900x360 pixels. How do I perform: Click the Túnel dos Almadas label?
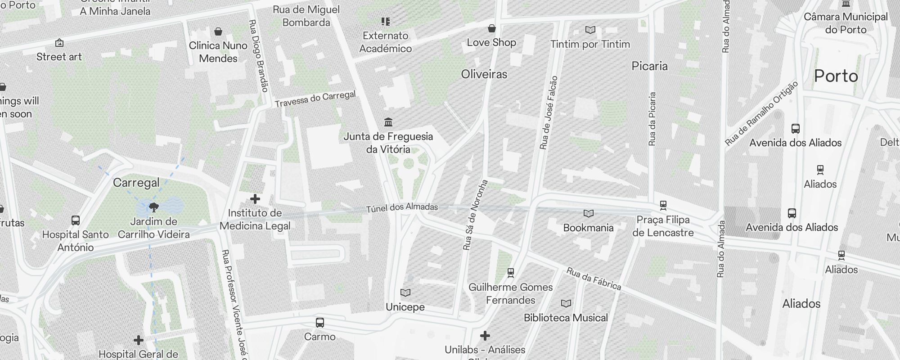pyautogui.click(x=402, y=207)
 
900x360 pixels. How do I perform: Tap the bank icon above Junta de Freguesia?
pyautogui.click(x=388, y=122)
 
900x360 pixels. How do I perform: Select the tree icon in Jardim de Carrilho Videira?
pyautogui.click(x=154, y=207)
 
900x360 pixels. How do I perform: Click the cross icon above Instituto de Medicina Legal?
pyautogui.click(x=255, y=199)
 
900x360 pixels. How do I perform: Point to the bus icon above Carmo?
pyautogui.click(x=320, y=323)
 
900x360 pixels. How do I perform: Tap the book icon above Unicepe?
pyautogui.click(x=405, y=293)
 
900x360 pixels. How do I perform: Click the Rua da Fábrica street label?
pyautogui.click(x=594, y=279)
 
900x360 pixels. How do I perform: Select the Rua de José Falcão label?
pyautogui.click(x=549, y=112)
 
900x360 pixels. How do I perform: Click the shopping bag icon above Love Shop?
pyautogui.click(x=492, y=29)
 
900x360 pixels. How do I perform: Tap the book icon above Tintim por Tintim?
pyautogui.click(x=590, y=30)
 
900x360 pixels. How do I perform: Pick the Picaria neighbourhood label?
pyautogui.click(x=649, y=66)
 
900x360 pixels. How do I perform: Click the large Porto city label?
pyautogui.click(x=836, y=76)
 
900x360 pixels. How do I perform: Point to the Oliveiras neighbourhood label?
pyautogui.click(x=484, y=74)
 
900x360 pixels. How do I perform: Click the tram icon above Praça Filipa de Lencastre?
pyautogui.click(x=663, y=206)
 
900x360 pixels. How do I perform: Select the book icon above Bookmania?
pyautogui.click(x=589, y=213)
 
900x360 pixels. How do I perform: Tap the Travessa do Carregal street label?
pyautogui.click(x=315, y=99)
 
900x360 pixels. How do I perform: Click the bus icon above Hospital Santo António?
pyautogui.click(x=76, y=220)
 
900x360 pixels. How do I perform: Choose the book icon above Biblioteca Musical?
pyautogui.click(x=566, y=304)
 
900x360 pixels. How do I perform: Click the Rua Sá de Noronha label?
pyautogui.click(x=475, y=215)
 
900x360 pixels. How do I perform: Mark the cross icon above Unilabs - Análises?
pyautogui.click(x=485, y=336)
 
